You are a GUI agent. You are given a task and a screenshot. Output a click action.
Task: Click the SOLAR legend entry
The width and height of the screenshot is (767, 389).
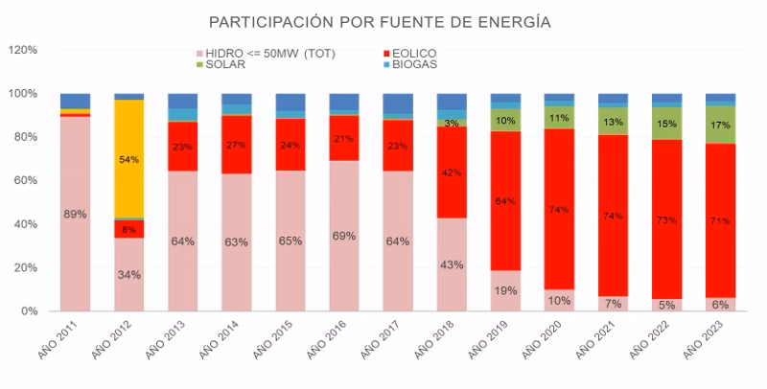[223, 64]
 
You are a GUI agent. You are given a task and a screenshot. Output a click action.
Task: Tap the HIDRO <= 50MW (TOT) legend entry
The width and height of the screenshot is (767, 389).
[264, 54]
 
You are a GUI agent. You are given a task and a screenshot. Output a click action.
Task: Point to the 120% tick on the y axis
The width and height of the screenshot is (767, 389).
[22, 50]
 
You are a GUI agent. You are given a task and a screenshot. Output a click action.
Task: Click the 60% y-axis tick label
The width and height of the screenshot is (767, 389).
[25, 180]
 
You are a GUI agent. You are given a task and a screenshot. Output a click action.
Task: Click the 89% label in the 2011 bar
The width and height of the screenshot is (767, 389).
[75, 214]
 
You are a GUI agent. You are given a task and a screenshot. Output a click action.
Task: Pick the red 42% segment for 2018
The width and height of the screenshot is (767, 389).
[451, 172]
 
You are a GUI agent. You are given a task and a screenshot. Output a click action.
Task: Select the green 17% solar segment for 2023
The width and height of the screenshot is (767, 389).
[720, 125]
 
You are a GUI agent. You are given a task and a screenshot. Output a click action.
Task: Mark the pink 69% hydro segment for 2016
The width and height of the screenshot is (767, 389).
[343, 236]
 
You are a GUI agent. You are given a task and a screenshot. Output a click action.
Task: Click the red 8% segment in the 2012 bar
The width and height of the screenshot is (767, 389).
[128, 230]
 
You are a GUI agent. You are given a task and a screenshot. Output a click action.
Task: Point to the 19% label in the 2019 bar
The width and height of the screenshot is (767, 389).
[504, 290]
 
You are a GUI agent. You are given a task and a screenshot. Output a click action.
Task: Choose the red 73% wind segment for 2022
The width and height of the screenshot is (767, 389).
[666, 219]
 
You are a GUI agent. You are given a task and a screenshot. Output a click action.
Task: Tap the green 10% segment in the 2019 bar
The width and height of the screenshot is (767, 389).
[504, 120]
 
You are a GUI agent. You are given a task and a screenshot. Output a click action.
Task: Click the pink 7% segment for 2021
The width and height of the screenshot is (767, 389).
[613, 304]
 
